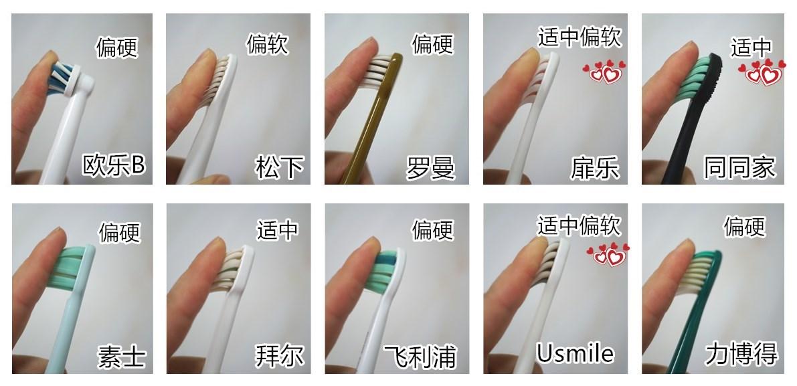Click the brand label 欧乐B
point(113,165)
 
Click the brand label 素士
point(122,355)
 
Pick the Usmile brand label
point(575,353)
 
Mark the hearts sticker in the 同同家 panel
point(764,71)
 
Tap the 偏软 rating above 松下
point(268,45)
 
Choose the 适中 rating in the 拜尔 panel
point(277,230)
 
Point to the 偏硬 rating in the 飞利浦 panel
point(432,230)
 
